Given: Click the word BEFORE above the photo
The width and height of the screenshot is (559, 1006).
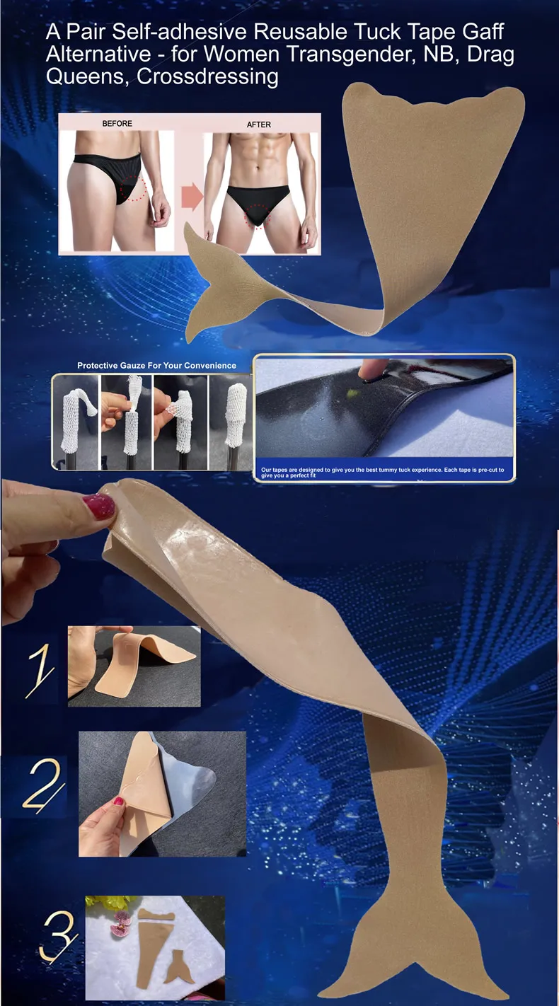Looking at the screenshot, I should click(x=117, y=124).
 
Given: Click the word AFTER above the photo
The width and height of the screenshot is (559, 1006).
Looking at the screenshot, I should click(x=258, y=125).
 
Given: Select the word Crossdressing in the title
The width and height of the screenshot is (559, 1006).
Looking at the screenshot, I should click(x=208, y=76).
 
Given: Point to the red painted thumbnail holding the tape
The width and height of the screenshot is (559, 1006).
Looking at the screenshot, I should click(x=98, y=505).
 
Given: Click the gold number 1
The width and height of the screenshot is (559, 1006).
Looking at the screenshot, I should click(x=40, y=670).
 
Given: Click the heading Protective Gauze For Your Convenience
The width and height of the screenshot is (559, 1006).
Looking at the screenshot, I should click(x=156, y=366).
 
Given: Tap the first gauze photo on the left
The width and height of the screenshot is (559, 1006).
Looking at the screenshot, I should click(x=75, y=422).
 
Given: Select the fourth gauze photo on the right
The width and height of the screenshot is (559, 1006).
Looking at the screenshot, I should click(x=231, y=422).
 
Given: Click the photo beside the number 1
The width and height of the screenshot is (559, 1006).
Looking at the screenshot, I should click(x=134, y=666).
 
